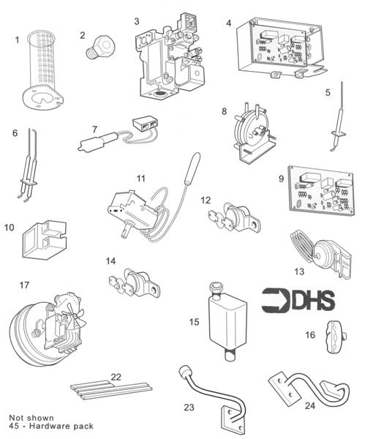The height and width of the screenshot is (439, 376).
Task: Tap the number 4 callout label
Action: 229,23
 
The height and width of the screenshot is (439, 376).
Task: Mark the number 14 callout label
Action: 111,260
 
